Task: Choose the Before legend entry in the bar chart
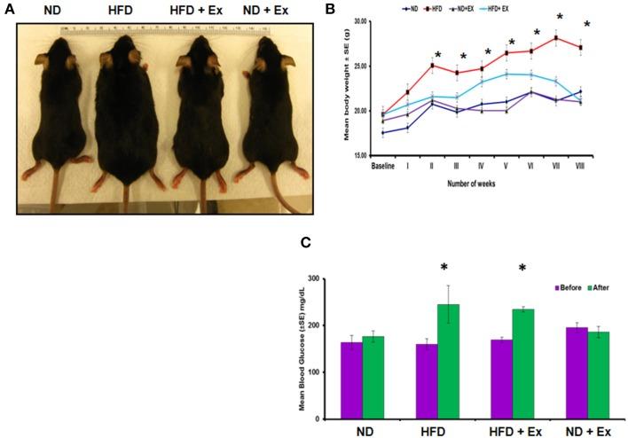pos(568,288)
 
